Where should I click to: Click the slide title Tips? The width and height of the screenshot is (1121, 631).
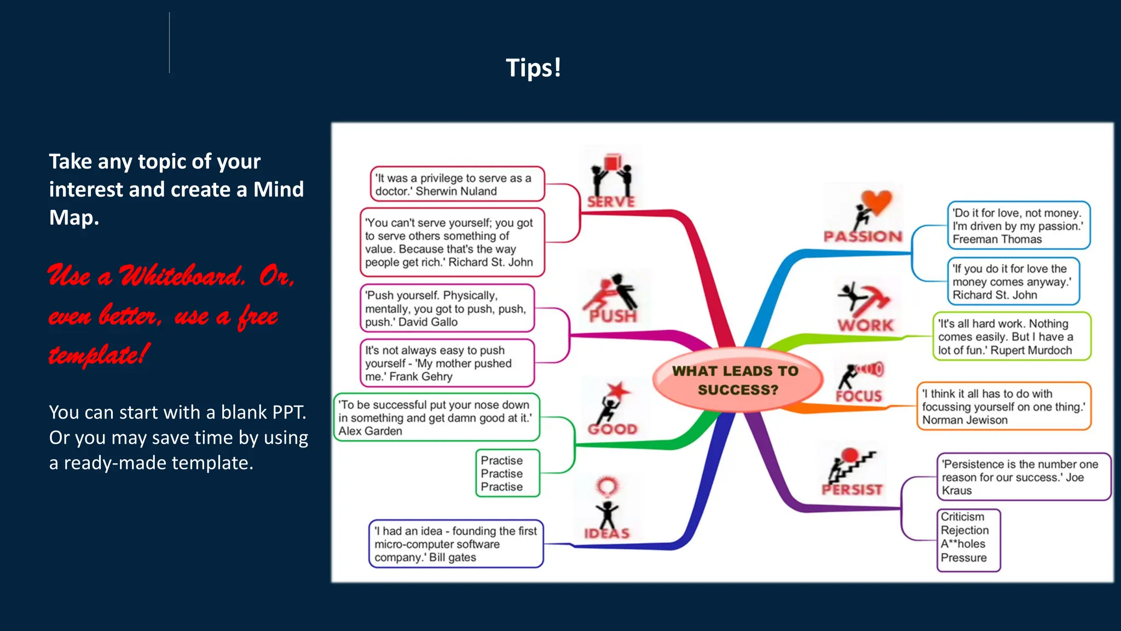533,68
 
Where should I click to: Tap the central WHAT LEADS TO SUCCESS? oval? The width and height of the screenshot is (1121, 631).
736,380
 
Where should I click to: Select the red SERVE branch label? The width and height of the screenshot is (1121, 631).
611,202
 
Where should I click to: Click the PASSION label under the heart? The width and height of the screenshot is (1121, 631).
863,237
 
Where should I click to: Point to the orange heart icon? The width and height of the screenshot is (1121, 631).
876,202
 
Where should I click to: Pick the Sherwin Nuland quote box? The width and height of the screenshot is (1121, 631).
457,185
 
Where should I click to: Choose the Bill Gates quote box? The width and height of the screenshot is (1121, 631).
456,544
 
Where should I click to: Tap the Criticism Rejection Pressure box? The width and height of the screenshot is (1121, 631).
968,540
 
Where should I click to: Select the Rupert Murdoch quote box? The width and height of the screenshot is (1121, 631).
1011,337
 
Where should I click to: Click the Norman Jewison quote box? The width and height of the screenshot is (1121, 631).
1003,406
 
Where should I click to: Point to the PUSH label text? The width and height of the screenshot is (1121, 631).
613,316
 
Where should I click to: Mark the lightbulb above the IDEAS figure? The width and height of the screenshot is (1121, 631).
607,486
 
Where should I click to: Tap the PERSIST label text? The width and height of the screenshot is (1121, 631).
852,489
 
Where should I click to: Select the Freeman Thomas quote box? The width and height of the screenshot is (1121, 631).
1018,226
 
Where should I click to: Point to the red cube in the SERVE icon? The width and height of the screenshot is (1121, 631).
611,163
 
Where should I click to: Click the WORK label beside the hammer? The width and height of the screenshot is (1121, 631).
865,325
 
